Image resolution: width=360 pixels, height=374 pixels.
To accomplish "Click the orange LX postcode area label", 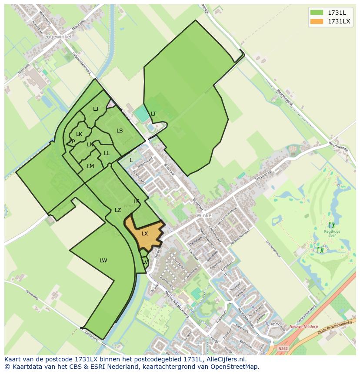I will pyautogui.click(x=145, y=234).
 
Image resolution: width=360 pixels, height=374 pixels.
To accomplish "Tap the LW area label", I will pyautogui.click(x=103, y=261).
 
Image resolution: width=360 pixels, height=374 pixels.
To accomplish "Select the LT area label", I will pyautogui.click(x=153, y=114).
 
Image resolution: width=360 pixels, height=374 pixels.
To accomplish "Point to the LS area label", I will pyautogui.click(x=120, y=131).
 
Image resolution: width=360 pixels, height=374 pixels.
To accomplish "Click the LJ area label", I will pyautogui.click(x=96, y=109).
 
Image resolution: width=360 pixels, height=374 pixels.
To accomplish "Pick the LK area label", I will pyautogui.click(x=79, y=134).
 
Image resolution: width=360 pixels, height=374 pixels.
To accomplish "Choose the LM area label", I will pyautogui.click(x=90, y=166).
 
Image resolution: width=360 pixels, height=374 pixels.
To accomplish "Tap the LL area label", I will pyautogui.click(x=107, y=153).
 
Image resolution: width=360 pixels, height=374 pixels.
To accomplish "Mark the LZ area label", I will pyautogui.click(x=118, y=210).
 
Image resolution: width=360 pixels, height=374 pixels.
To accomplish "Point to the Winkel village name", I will pyautogui.click(x=204, y=215).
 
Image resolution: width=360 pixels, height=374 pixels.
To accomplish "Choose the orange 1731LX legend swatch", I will pyautogui.click(x=317, y=21).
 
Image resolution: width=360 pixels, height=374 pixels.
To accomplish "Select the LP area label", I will pyautogui.click(x=72, y=142).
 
